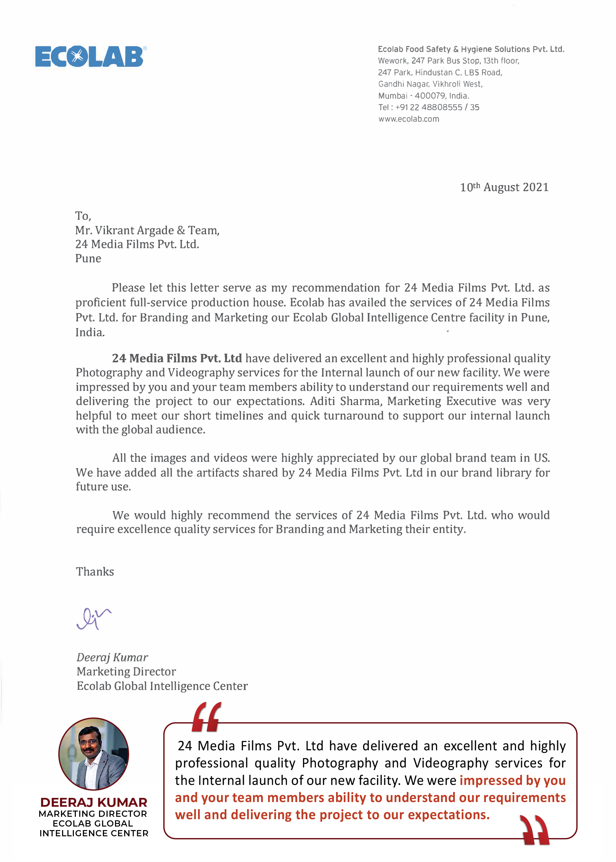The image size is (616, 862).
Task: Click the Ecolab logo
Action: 90,56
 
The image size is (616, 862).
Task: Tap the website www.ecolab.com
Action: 408,119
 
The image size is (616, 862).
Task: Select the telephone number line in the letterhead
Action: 429,107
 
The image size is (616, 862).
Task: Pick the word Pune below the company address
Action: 88,259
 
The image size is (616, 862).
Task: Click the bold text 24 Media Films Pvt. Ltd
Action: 177,358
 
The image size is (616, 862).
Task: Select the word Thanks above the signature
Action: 95,572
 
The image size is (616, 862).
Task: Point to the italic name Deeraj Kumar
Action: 112,657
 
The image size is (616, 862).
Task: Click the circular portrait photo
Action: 94,754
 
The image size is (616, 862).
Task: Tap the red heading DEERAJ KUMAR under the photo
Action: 94,803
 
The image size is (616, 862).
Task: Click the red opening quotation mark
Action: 206,716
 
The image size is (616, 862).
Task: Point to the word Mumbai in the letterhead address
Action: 393,96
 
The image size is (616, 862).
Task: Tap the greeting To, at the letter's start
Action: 83,216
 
